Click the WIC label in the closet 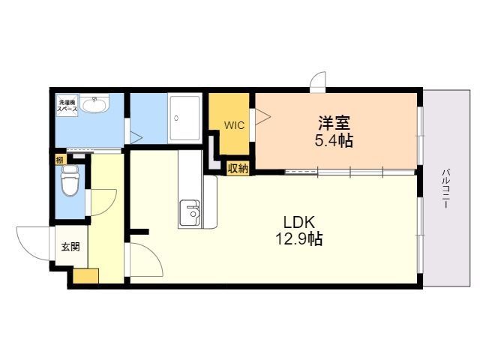click(232, 125)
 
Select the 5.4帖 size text click(334, 141)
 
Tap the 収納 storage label click(238, 168)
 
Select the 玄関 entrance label click(70, 246)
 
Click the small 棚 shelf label click(59, 160)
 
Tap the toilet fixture click(70, 181)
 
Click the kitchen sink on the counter click(190, 212)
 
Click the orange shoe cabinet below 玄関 click(85, 276)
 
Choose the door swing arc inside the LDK click(146, 261)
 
